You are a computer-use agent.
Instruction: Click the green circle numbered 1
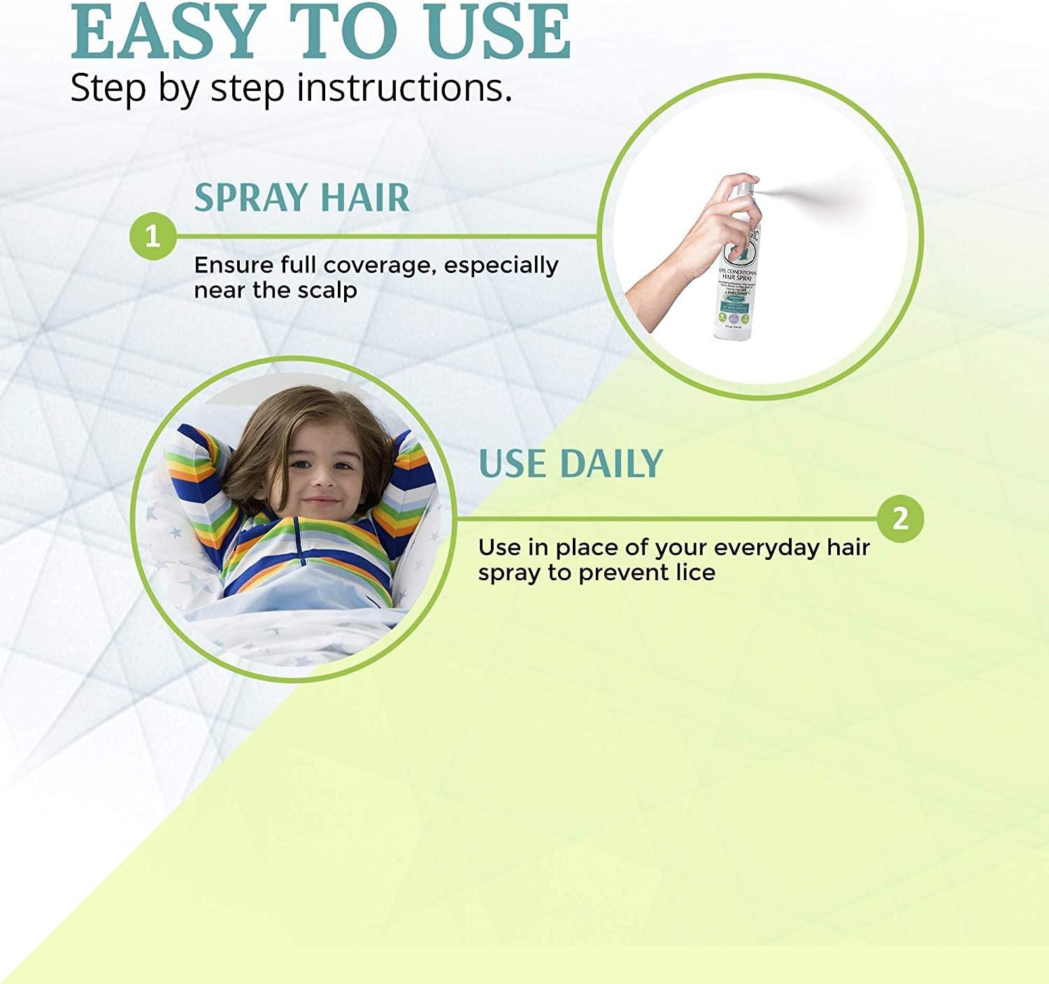click(x=152, y=237)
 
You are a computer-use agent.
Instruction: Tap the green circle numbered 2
click(x=900, y=519)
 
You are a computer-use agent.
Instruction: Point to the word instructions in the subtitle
click(x=404, y=90)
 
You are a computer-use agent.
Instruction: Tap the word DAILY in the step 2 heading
click(x=611, y=463)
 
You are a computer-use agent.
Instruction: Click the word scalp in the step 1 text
click(x=328, y=290)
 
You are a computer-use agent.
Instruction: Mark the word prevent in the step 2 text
click(x=617, y=572)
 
